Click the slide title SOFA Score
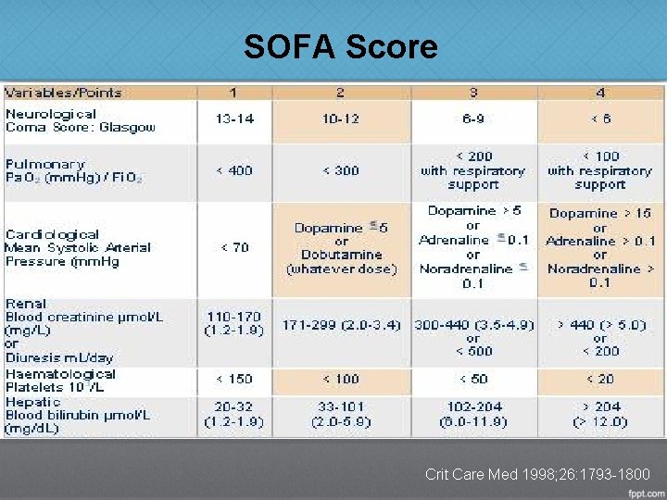click(x=340, y=45)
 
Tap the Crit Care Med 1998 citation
click(x=537, y=474)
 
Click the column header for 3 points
click(x=473, y=93)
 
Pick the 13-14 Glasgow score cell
click(x=234, y=120)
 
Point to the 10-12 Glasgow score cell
click(x=340, y=120)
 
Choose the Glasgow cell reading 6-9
click(x=473, y=120)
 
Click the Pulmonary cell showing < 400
click(x=234, y=170)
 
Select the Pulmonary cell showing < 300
click(x=340, y=170)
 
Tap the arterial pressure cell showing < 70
click(x=234, y=247)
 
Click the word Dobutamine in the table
click(x=341, y=255)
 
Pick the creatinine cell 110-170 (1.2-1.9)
click(x=234, y=324)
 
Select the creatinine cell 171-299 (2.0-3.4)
click(x=340, y=325)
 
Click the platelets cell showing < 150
click(x=234, y=379)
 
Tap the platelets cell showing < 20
click(x=599, y=379)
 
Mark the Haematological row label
click(x=60, y=374)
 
